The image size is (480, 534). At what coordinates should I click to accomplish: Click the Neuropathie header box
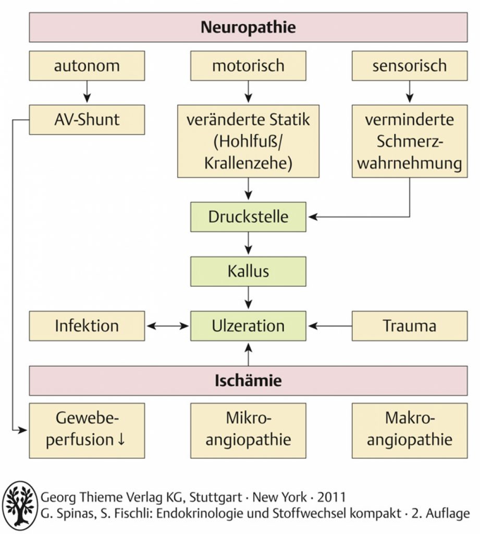248,27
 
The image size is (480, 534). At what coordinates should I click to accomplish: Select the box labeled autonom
87,66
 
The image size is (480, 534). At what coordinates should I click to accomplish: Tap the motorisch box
248,66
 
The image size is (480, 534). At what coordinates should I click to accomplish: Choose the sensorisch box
410,66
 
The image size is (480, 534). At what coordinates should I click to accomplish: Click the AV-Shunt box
87,119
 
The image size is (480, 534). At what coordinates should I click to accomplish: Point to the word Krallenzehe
248,163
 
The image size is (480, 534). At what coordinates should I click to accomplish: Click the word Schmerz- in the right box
410,141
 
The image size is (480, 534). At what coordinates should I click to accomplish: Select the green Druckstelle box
248,217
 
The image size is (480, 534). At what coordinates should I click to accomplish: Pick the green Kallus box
248,271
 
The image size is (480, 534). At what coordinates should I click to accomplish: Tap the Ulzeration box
248,326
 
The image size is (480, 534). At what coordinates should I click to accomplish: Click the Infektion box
87,326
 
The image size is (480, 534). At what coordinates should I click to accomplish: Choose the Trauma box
410,326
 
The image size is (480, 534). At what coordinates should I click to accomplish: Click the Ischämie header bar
248,381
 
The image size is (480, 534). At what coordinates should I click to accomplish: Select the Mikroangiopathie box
248,430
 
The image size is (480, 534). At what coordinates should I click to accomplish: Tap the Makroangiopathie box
410,430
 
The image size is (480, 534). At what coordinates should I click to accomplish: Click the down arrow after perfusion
121,440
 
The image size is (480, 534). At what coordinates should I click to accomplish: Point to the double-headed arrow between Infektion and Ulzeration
167,326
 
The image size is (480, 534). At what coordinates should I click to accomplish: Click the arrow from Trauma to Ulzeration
330,326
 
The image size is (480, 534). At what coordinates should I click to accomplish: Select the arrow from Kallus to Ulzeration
249,298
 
